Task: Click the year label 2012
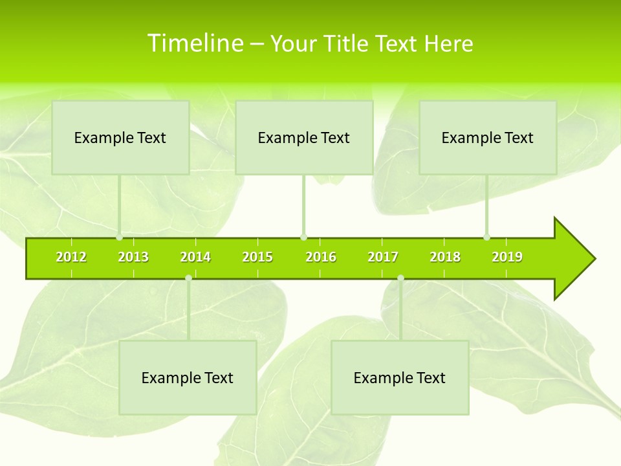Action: [x=71, y=258]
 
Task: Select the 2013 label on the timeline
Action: [x=133, y=258]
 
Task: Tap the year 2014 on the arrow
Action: [x=195, y=258]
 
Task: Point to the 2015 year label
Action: [x=257, y=258]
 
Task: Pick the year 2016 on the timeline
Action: [x=321, y=258]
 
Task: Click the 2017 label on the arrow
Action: [x=383, y=258]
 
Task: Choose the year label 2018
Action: [x=445, y=258]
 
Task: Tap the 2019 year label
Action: [x=507, y=258]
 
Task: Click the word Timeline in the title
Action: [x=195, y=43]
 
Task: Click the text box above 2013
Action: [x=120, y=137]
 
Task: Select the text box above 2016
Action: [x=304, y=137]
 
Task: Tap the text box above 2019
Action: [x=488, y=137]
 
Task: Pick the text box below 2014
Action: [x=188, y=377]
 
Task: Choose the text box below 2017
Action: [x=400, y=377]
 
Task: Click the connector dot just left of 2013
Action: [x=120, y=237]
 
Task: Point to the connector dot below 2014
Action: [x=188, y=278]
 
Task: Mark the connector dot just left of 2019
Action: [x=487, y=237]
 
